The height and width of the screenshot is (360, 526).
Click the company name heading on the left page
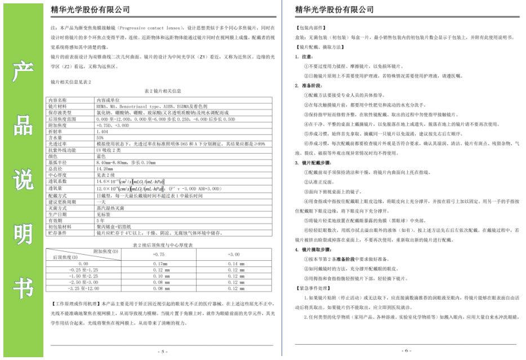[90, 10]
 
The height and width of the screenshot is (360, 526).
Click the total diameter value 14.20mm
[104, 168]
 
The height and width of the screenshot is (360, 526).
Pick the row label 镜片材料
[57, 105]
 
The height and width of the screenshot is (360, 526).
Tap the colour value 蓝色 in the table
[101, 155]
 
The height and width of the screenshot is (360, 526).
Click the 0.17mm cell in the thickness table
[160, 264]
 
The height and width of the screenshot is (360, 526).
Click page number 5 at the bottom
[162, 351]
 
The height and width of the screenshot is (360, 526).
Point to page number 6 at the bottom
[407, 350]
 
